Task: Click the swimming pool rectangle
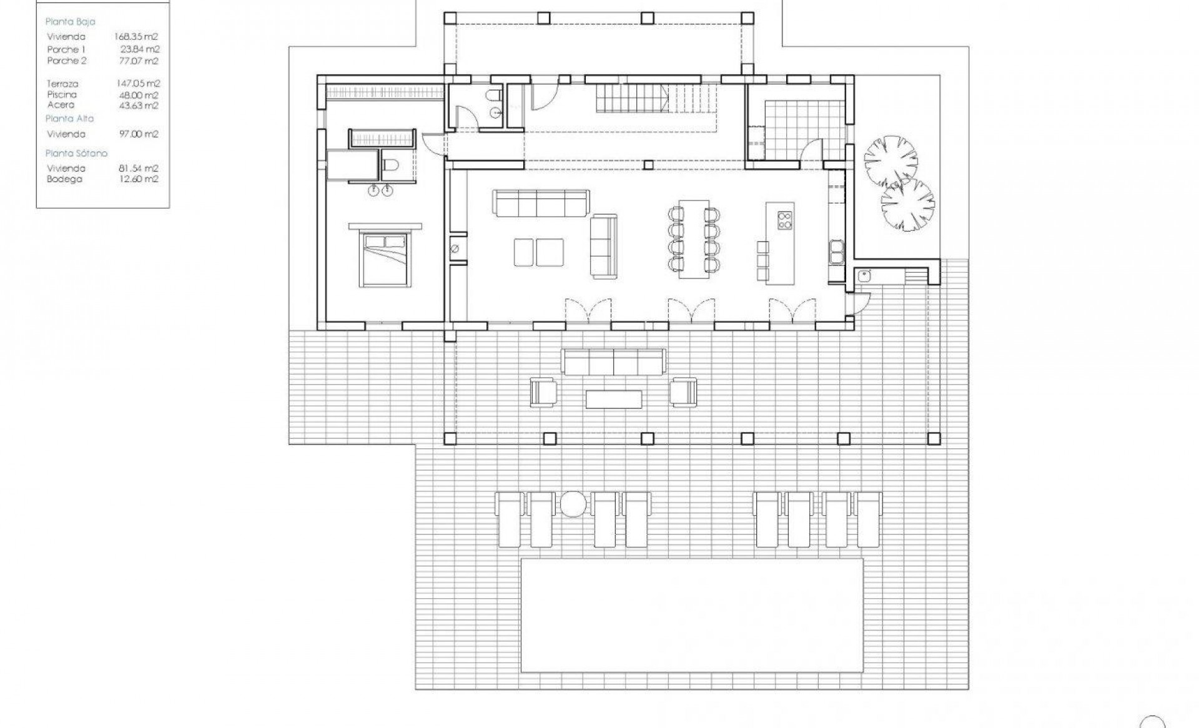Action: [692, 615]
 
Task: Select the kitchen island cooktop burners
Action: [784, 220]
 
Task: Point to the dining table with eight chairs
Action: [694, 239]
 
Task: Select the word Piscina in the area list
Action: [62, 94]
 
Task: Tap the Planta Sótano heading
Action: [76, 153]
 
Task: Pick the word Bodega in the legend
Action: [64, 179]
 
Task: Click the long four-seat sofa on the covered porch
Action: [613, 362]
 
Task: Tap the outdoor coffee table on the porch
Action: [613, 399]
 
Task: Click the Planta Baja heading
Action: [71, 22]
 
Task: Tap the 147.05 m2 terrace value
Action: [138, 83]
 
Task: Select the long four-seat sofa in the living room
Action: [541, 203]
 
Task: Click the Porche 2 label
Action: [67, 61]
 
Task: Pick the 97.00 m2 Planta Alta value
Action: [138, 134]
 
